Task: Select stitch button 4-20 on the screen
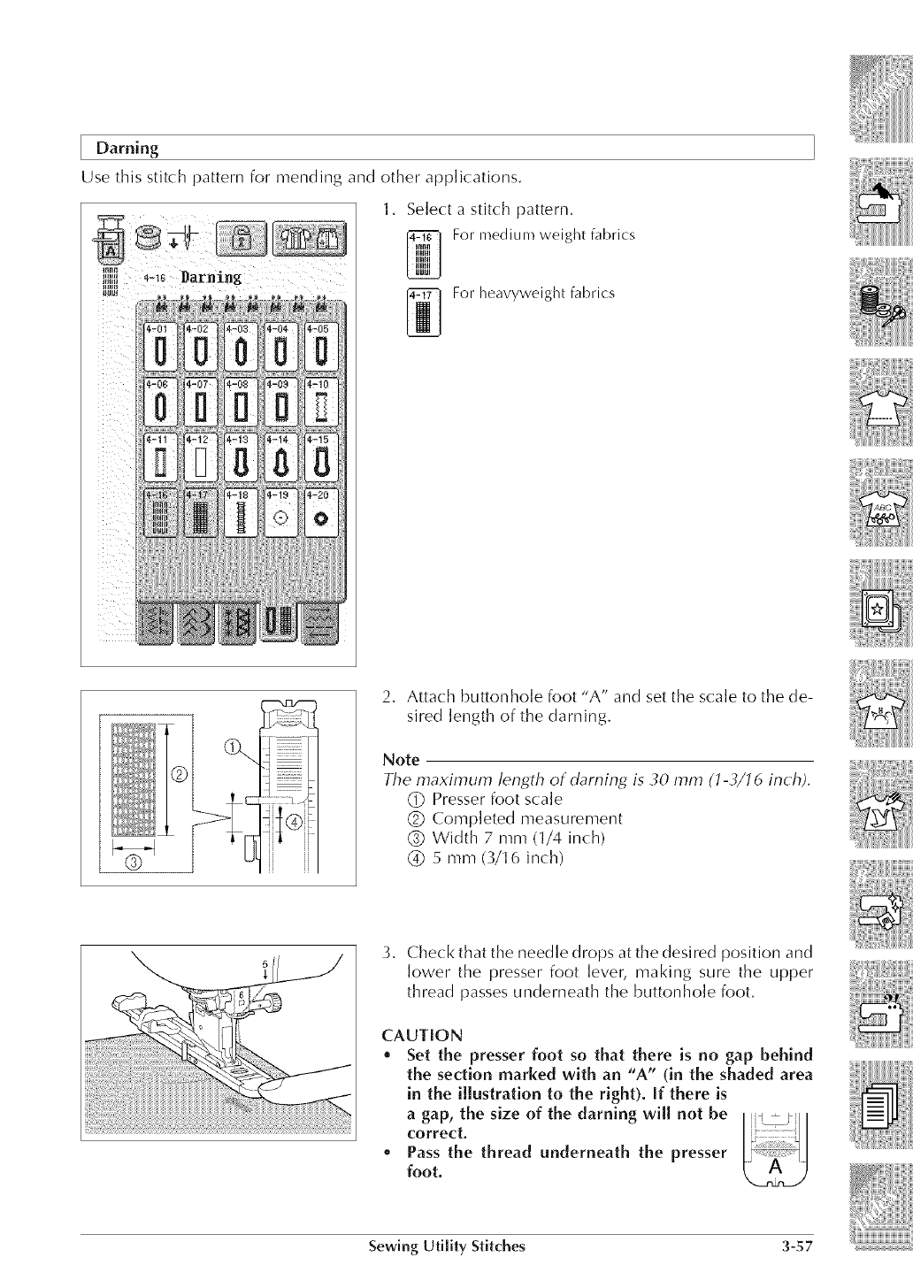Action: click(321, 512)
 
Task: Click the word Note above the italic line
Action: click(401, 760)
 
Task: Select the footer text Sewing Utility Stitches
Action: click(447, 1248)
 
